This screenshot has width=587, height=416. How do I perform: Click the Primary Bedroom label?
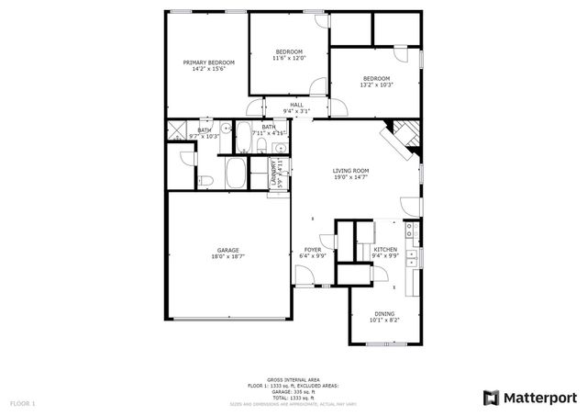click(208, 62)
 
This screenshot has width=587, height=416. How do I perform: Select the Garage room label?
click(227, 250)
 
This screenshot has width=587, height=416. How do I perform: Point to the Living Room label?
click(350, 171)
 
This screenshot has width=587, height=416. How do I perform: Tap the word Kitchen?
click(385, 250)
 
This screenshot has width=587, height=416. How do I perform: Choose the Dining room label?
click(384, 314)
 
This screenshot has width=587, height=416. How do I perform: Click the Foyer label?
click(313, 250)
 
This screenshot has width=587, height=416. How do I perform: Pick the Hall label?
click(296, 106)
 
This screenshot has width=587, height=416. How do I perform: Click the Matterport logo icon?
click(491, 397)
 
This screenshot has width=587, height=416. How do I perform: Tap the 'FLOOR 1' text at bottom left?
click(23, 403)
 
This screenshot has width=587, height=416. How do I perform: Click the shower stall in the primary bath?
click(177, 130)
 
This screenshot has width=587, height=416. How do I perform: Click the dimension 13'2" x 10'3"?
click(376, 85)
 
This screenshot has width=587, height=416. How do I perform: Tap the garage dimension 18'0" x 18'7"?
click(227, 256)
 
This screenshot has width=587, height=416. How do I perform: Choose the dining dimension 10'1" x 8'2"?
click(384, 320)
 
